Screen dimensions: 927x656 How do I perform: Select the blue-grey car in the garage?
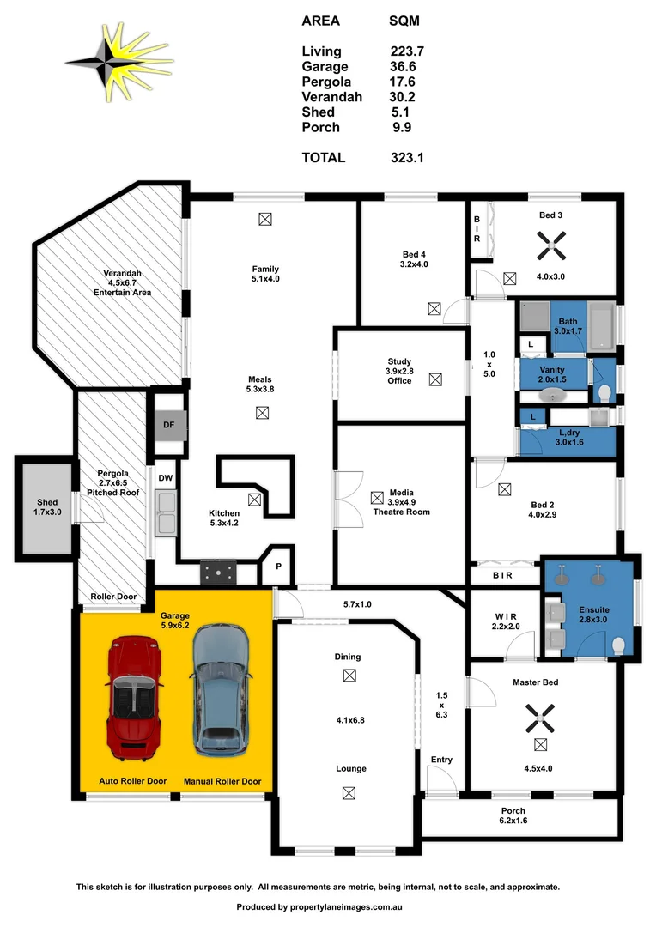tap(221, 690)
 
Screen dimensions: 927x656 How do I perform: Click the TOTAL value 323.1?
tap(407, 158)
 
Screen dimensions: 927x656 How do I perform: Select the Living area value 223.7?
tap(407, 51)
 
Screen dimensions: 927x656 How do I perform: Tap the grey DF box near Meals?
tap(168, 423)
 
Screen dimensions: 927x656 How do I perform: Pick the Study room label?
tap(399, 362)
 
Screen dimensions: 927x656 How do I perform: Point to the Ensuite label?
tap(592, 609)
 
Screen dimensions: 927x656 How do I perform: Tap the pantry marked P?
tap(277, 566)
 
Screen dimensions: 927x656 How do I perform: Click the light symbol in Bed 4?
tap(434, 308)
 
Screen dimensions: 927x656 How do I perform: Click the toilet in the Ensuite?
tap(618, 644)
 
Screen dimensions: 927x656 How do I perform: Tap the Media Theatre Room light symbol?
tap(376, 497)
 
